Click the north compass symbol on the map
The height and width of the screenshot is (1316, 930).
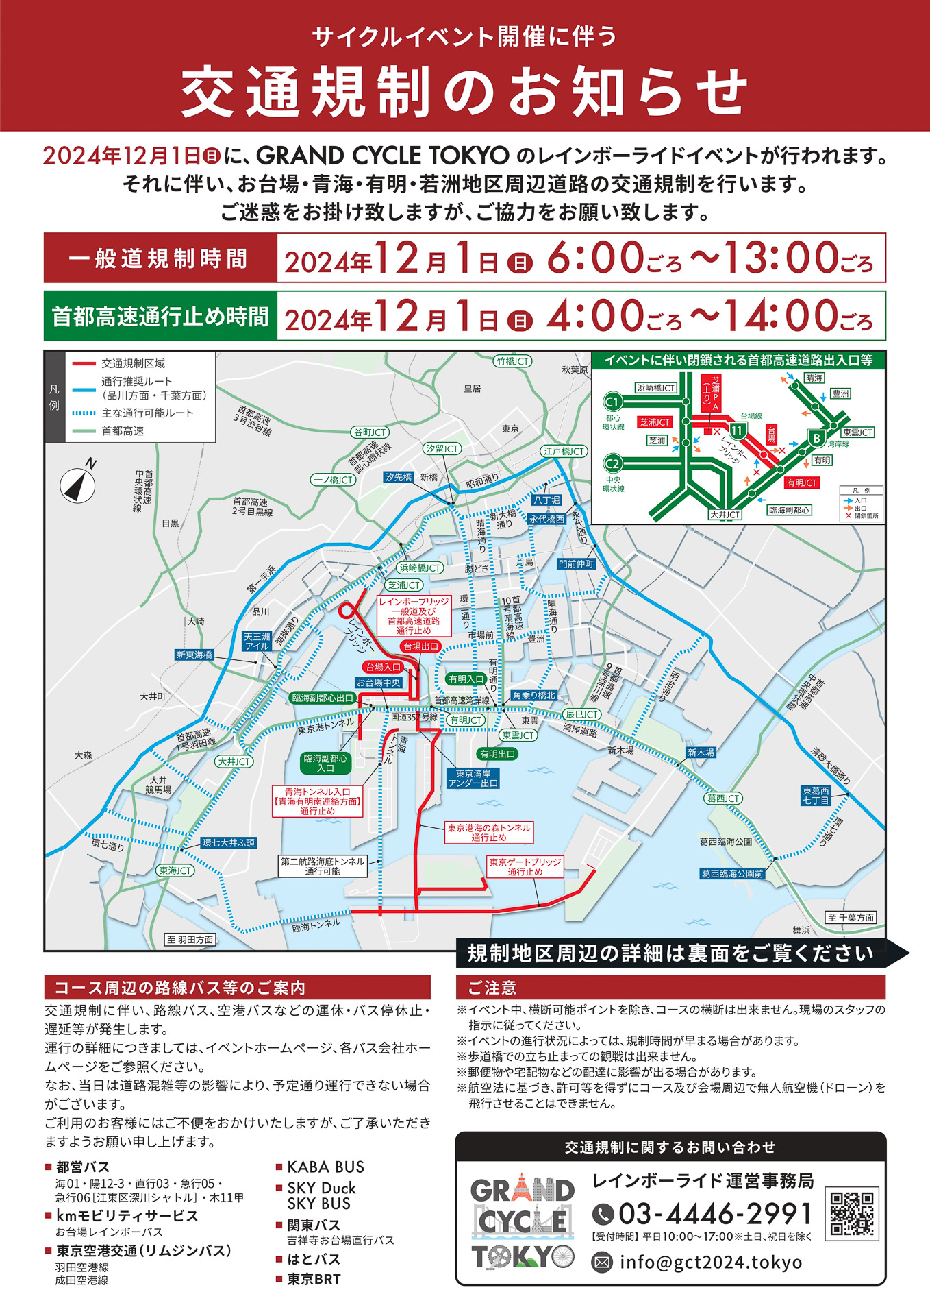pos(78,485)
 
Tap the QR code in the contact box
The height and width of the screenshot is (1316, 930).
pos(852,1214)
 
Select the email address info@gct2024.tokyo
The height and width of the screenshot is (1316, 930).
pos(710,1262)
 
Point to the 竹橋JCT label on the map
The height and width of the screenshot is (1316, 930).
pos(513,361)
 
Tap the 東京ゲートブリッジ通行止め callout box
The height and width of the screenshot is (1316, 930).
pos(525,867)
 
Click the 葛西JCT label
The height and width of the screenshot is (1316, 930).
pos(723,799)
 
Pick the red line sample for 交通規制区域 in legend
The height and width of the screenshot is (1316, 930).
pos(84,363)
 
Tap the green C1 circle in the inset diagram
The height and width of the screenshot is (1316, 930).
pos(612,402)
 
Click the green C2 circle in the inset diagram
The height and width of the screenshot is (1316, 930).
pos(612,463)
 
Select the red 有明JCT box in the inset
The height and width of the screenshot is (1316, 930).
pos(801,483)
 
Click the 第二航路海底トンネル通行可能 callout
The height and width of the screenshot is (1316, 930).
pos(323,866)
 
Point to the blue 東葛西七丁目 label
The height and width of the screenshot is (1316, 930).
pos(816,795)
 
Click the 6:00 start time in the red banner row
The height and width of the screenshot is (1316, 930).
pos(595,259)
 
